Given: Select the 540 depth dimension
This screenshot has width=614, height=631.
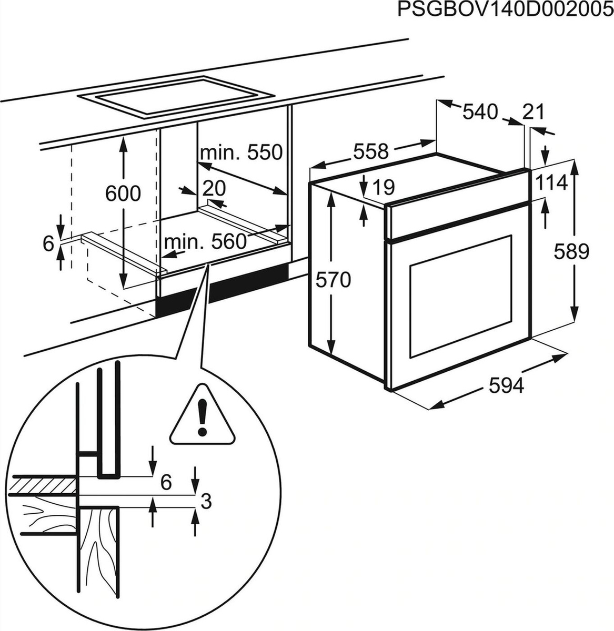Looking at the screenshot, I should [x=479, y=111].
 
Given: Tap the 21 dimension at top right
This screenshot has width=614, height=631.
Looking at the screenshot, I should [x=533, y=111].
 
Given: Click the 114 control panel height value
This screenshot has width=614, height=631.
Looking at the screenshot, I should [x=552, y=183].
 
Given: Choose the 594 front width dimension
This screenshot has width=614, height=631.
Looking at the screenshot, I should [x=507, y=386].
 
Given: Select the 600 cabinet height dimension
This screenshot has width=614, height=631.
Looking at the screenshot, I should [x=123, y=194].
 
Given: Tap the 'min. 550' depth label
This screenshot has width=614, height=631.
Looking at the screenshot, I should [x=241, y=152].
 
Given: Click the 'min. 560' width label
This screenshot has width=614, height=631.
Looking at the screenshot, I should [x=205, y=242].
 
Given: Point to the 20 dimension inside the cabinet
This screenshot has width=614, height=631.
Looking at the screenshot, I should [x=214, y=187].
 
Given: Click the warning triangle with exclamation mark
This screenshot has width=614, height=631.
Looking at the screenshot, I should [x=202, y=416].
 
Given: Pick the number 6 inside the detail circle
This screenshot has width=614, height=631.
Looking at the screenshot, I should [x=166, y=482].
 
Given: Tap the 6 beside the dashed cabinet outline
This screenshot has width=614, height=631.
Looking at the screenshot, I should [x=48, y=243].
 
